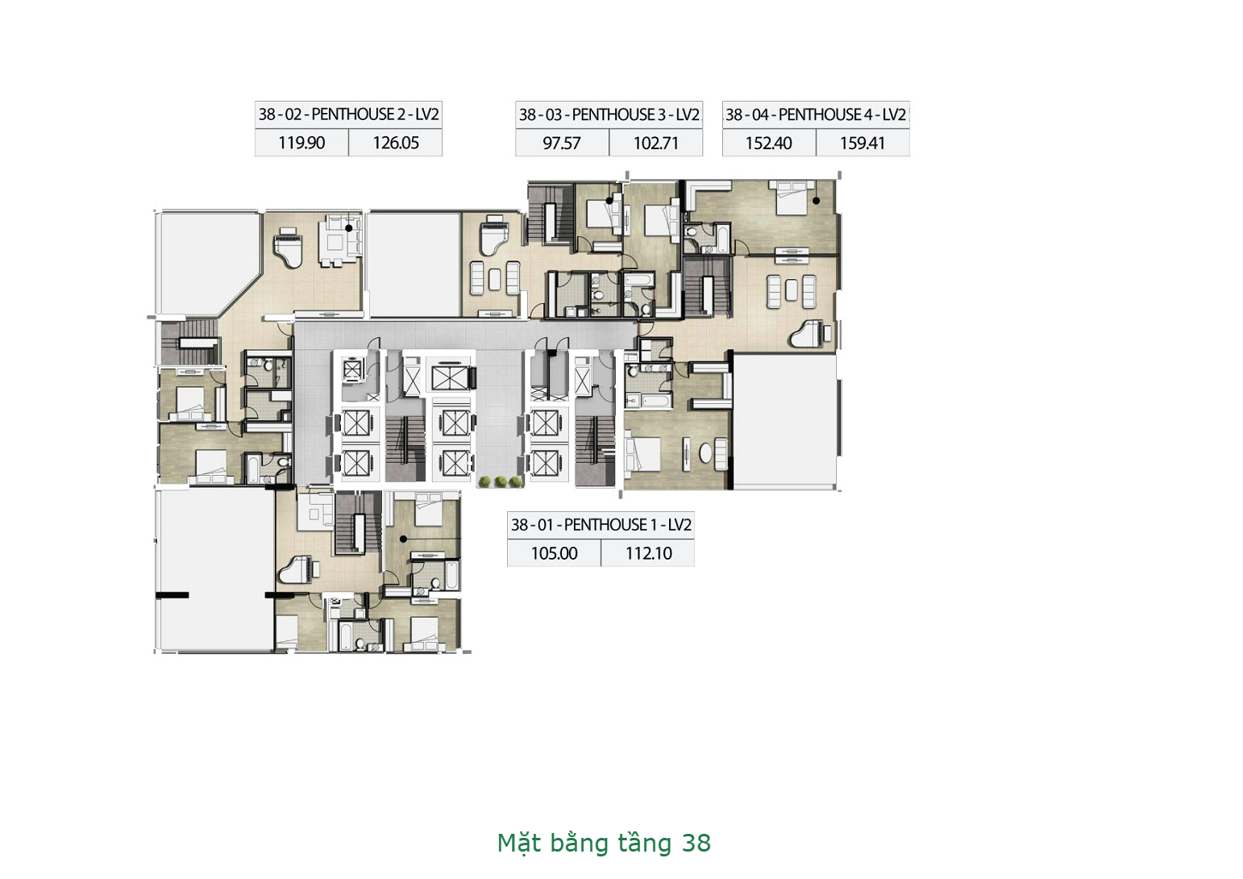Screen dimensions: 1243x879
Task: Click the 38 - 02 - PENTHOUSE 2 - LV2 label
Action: (x=348, y=115)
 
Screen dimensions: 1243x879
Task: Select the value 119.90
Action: (x=301, y=143)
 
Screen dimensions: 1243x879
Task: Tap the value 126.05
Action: (x=396, y=143)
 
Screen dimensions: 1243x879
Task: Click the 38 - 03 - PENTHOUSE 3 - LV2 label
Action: (x=609, y=115)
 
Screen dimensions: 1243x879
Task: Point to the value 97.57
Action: (x=562, y=144)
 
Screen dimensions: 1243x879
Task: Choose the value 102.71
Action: (x=656, y=144)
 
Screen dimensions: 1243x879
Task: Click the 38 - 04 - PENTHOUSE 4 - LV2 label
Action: (x=816, y=115)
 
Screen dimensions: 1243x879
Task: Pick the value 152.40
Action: (x=768, y=144)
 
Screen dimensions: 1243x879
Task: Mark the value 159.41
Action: (x=863, y=144)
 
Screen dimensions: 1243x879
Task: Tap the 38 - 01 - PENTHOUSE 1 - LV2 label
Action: (x=601, y=525)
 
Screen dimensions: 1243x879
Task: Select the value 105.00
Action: (x=555, y=553)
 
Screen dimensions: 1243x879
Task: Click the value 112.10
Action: (x=649, y=553)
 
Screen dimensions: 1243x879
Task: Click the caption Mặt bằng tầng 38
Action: (x=604, y=843)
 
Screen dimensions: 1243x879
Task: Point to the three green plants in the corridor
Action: (x=500, y=481)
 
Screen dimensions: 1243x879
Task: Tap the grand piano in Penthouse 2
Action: (x=289, y=248)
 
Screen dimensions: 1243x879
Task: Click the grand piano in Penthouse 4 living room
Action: (x=807, y=333)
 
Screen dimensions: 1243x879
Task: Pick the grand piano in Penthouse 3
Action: (x=495, y=236)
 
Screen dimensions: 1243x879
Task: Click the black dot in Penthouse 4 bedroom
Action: (x=817, y=201)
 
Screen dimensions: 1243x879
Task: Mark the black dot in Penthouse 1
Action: (x=403, y=539)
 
